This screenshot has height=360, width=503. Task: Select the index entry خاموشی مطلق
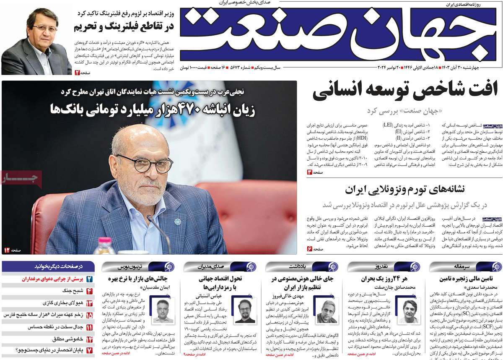pyautogui.click(x=67, y=339)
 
